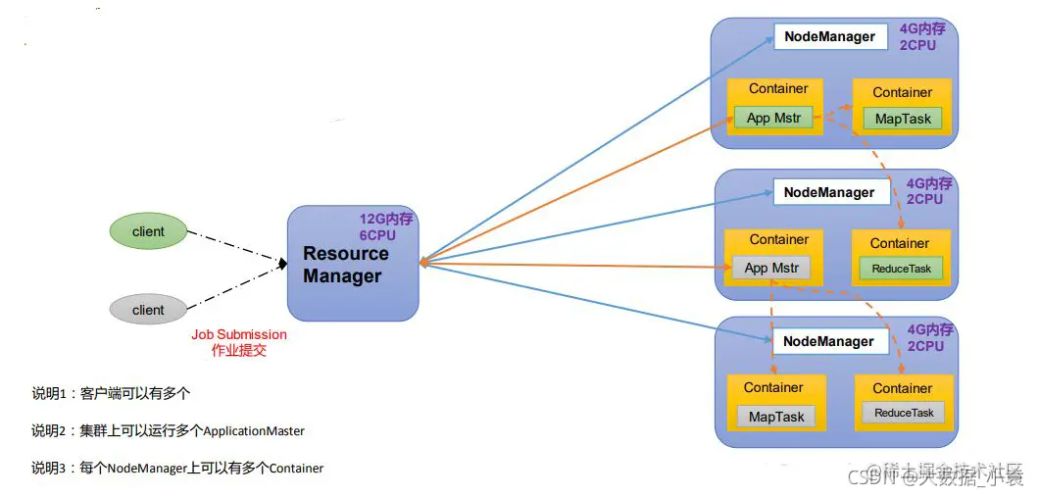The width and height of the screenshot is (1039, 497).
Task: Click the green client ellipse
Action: click(x=148, y=231)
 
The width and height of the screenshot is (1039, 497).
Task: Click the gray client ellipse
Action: click(x=148, y=310)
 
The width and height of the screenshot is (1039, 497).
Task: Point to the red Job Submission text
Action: click(x=239, y=335)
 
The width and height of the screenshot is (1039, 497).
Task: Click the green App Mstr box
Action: click(x=774, y=119)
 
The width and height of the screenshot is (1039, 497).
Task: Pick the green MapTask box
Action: click(x=903, y=120)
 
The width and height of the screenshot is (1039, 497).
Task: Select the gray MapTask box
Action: click(x=776, y=417)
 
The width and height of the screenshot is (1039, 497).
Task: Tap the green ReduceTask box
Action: click(x=902, y=268)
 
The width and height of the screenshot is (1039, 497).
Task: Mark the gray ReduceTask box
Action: click(x=904, y=413)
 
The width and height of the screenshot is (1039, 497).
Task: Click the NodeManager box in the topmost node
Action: click(x=829, y=37)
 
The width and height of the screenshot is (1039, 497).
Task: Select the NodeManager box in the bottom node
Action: click(x=828, y=341)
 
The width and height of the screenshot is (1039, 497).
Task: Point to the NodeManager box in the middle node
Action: click(x=829, y=193)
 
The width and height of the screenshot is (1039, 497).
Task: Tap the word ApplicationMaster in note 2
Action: click(x=254, y=430)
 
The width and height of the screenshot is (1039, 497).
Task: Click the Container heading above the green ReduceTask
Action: click(x=900, y=243)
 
